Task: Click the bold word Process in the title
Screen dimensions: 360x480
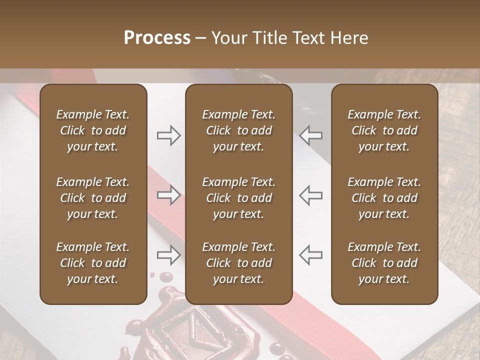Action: [x=157, y=38]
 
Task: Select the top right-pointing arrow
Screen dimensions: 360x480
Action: [x=168, y=135]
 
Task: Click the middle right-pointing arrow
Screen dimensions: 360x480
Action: [x=168, y=195]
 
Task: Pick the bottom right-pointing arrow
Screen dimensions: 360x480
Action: [x=168, y=255]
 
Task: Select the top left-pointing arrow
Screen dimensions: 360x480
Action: [x=311, y=135]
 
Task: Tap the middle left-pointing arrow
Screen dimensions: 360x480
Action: [x=311, y=195]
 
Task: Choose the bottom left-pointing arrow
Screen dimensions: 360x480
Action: [x=311, y=255]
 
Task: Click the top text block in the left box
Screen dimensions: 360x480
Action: [x=93, y=130]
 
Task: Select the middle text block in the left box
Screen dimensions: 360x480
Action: [x=93, y=198]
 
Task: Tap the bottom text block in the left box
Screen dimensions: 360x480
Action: [x=93, y=263]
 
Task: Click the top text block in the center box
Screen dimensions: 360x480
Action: [x=238, y=130]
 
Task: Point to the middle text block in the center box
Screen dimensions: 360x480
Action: [x=238, y=198]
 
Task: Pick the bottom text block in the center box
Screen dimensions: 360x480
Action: [x=238, y=263]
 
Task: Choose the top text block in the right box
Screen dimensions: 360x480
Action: [x=384, y=130]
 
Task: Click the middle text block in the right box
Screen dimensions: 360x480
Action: [x=384, y=198]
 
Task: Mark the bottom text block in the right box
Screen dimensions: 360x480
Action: [x=384, y=263]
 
